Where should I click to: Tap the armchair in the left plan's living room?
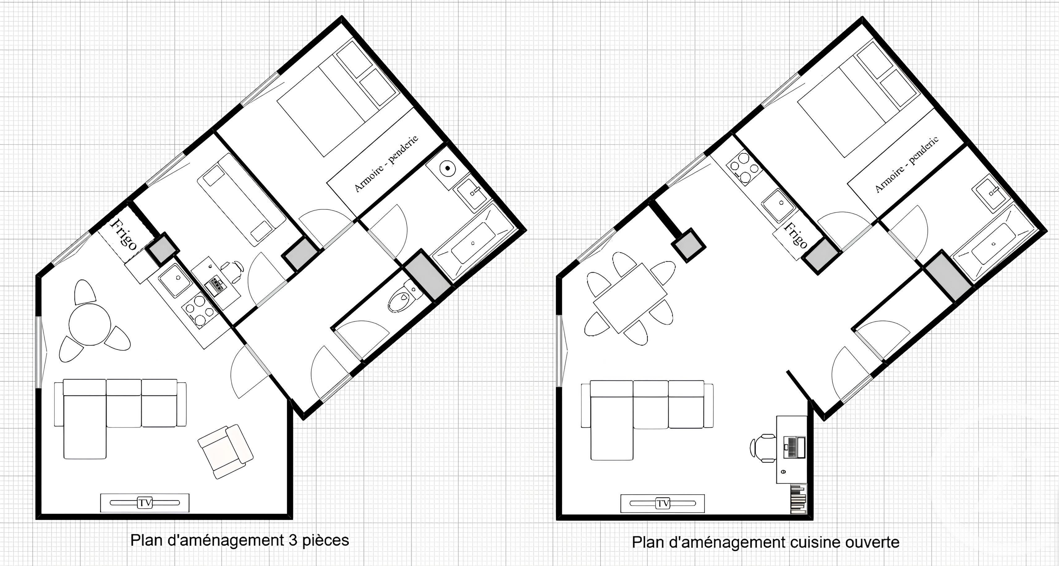coord(225,451)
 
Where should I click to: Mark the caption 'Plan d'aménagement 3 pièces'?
coord(239,540)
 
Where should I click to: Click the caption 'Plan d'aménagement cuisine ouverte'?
coord(765,542)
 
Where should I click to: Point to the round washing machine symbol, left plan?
coord(447,168)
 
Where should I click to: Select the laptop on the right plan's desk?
coord(794,448)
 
